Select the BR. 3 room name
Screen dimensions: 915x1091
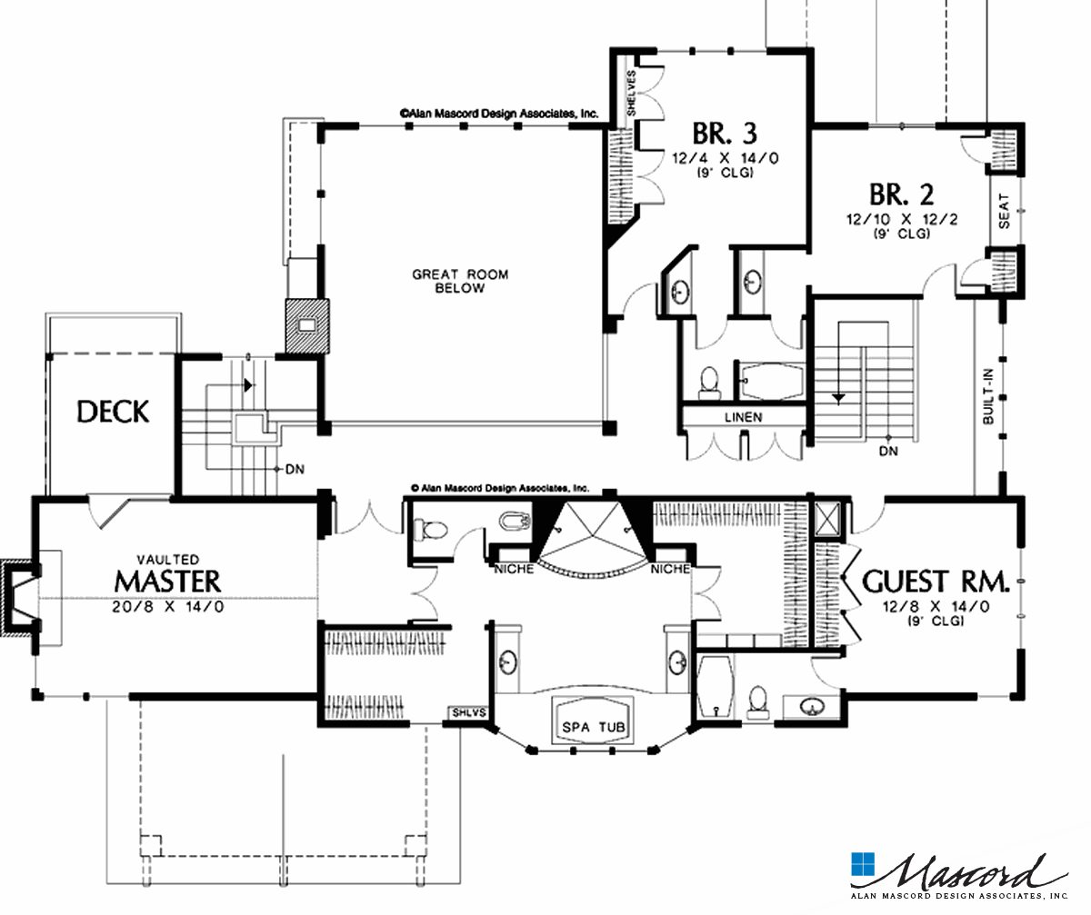[x=725, y=134]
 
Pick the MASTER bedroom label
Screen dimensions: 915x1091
[x=167, y=580]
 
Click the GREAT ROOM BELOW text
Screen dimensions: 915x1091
[x=460, y=281]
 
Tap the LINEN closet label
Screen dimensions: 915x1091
[x=743, y=417]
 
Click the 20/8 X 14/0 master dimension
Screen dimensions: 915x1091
[x=168, y=607]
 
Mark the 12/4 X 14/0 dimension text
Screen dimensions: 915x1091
[x=726, y=157]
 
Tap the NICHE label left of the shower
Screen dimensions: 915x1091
[x=513, y=571]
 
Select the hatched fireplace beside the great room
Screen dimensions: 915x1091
[x=306, y=324]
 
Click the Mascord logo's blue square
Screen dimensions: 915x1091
[x=863, y=863]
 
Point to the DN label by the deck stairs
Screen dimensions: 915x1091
[x=294, y=469]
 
